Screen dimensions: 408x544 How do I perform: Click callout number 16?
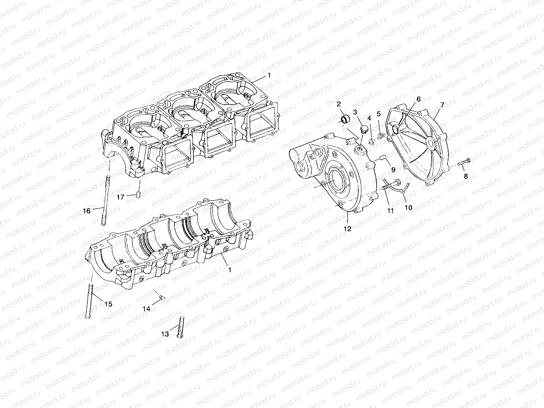point(87,211)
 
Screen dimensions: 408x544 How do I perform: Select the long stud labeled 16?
point(105,201)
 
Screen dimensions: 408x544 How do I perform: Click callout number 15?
point(108,304)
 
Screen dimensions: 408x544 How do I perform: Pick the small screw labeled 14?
point(162,298)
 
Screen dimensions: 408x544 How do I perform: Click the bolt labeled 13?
point(180,327)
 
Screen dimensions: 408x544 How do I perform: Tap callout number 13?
point(165,334)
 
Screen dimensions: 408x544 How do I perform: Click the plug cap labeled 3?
point(362,129)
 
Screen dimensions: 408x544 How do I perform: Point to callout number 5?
point(378,113)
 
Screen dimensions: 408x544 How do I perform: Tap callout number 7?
point(442,105)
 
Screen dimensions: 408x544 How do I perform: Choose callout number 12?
point(347,229)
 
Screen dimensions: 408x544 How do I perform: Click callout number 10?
point(408,207)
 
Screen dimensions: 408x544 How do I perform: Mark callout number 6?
point(419,99)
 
